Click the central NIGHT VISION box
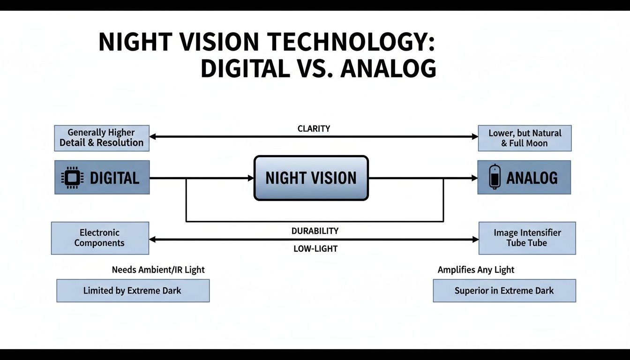pyautogui.click(x=311, y=178)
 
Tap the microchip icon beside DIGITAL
pyautogui.click(x=72, y=178)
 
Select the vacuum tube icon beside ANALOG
pyautogui.click(x=493, y=177)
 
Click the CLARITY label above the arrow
pyautogui.click(x=314, y=128)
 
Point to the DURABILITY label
pyautogui.click(x=315, y=231)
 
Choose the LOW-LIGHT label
pyautogui.click(x=315, y=248)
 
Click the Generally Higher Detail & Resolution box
pyautogui.click(x=102, y=138)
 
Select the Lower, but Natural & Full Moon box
pyautogui.click(x=525, y=138)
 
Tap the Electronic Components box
pyautogui.click(x=99, y=238)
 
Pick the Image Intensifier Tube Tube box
pyautogui.click(x=527, y=238)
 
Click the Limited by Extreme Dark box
pyautogui.click(x=133, y=291)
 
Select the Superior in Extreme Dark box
pyautogui.click(x=504, y=291)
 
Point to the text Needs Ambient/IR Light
pyautogui.click(x=158, y=270)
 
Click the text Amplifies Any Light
pyautogui.click(x=476, y=270)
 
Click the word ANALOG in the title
pyautogui.click(x=388, y=68)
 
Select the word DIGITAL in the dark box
pyautogui.click(x=114, y=178)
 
